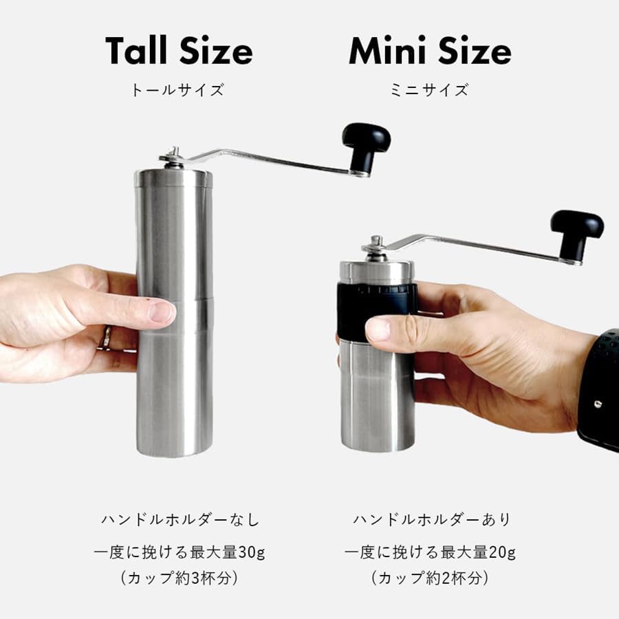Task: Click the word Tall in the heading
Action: (x=138, y=52)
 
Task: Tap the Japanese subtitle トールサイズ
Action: (x=177, y=90)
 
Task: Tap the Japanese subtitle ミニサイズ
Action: (x=429, y=90)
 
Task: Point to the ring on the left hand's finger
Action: (x=107, y=337)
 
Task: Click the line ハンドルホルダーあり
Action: (x=432, y=520)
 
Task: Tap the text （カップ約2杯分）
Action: (x=430, y=578)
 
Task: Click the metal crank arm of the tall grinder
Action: (x=268, y=158)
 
